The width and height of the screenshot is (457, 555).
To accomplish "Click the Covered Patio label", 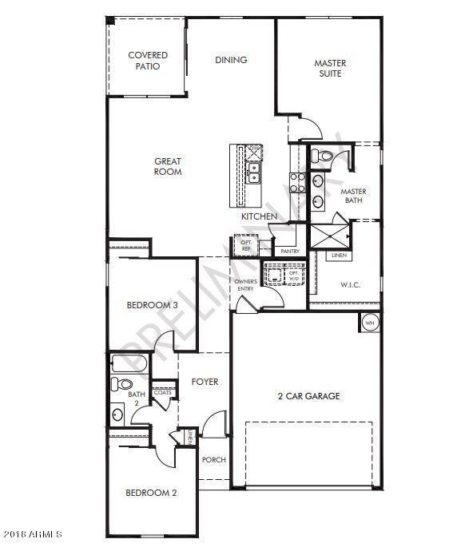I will (148, 61).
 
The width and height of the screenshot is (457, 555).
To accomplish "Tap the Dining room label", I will (231, 60).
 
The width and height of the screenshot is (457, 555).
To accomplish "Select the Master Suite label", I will (328, 68).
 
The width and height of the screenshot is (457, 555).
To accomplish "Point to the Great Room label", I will (168, 166).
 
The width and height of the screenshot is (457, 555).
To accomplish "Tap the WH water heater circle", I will (369, 323).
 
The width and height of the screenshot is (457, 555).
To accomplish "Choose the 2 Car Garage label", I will (308, 396).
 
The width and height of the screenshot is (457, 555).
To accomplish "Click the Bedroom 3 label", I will (152, 305).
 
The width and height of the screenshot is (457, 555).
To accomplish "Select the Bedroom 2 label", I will (151, 493).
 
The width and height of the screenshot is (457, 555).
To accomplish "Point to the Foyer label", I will (205, 382).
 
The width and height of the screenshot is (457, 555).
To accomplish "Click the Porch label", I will (213, 460).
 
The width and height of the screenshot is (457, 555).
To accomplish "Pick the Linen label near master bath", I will (339, 256).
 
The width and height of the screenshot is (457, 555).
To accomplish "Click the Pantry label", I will (290, 251).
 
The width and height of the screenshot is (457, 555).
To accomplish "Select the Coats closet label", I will (163, 392).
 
